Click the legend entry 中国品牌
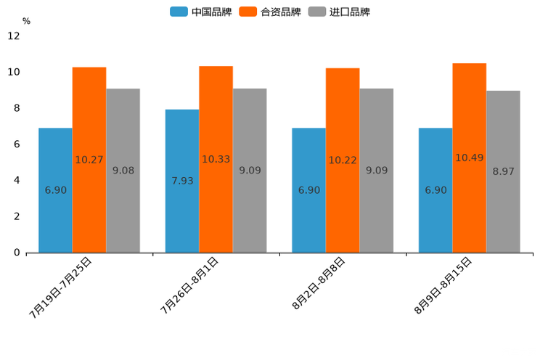point(200,12)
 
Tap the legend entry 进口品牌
point(339,12)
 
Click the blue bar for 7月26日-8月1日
point(182,181)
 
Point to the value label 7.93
point(182,181)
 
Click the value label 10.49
point(470,157)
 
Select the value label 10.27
point(89,160)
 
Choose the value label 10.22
point(343,160)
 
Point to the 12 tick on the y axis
point(14,36)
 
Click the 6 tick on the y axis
point(17,144)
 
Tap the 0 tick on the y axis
point(17,253)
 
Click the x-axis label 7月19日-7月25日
point(61,287)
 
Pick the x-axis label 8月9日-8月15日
point(443,285)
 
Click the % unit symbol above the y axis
point(26,22)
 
